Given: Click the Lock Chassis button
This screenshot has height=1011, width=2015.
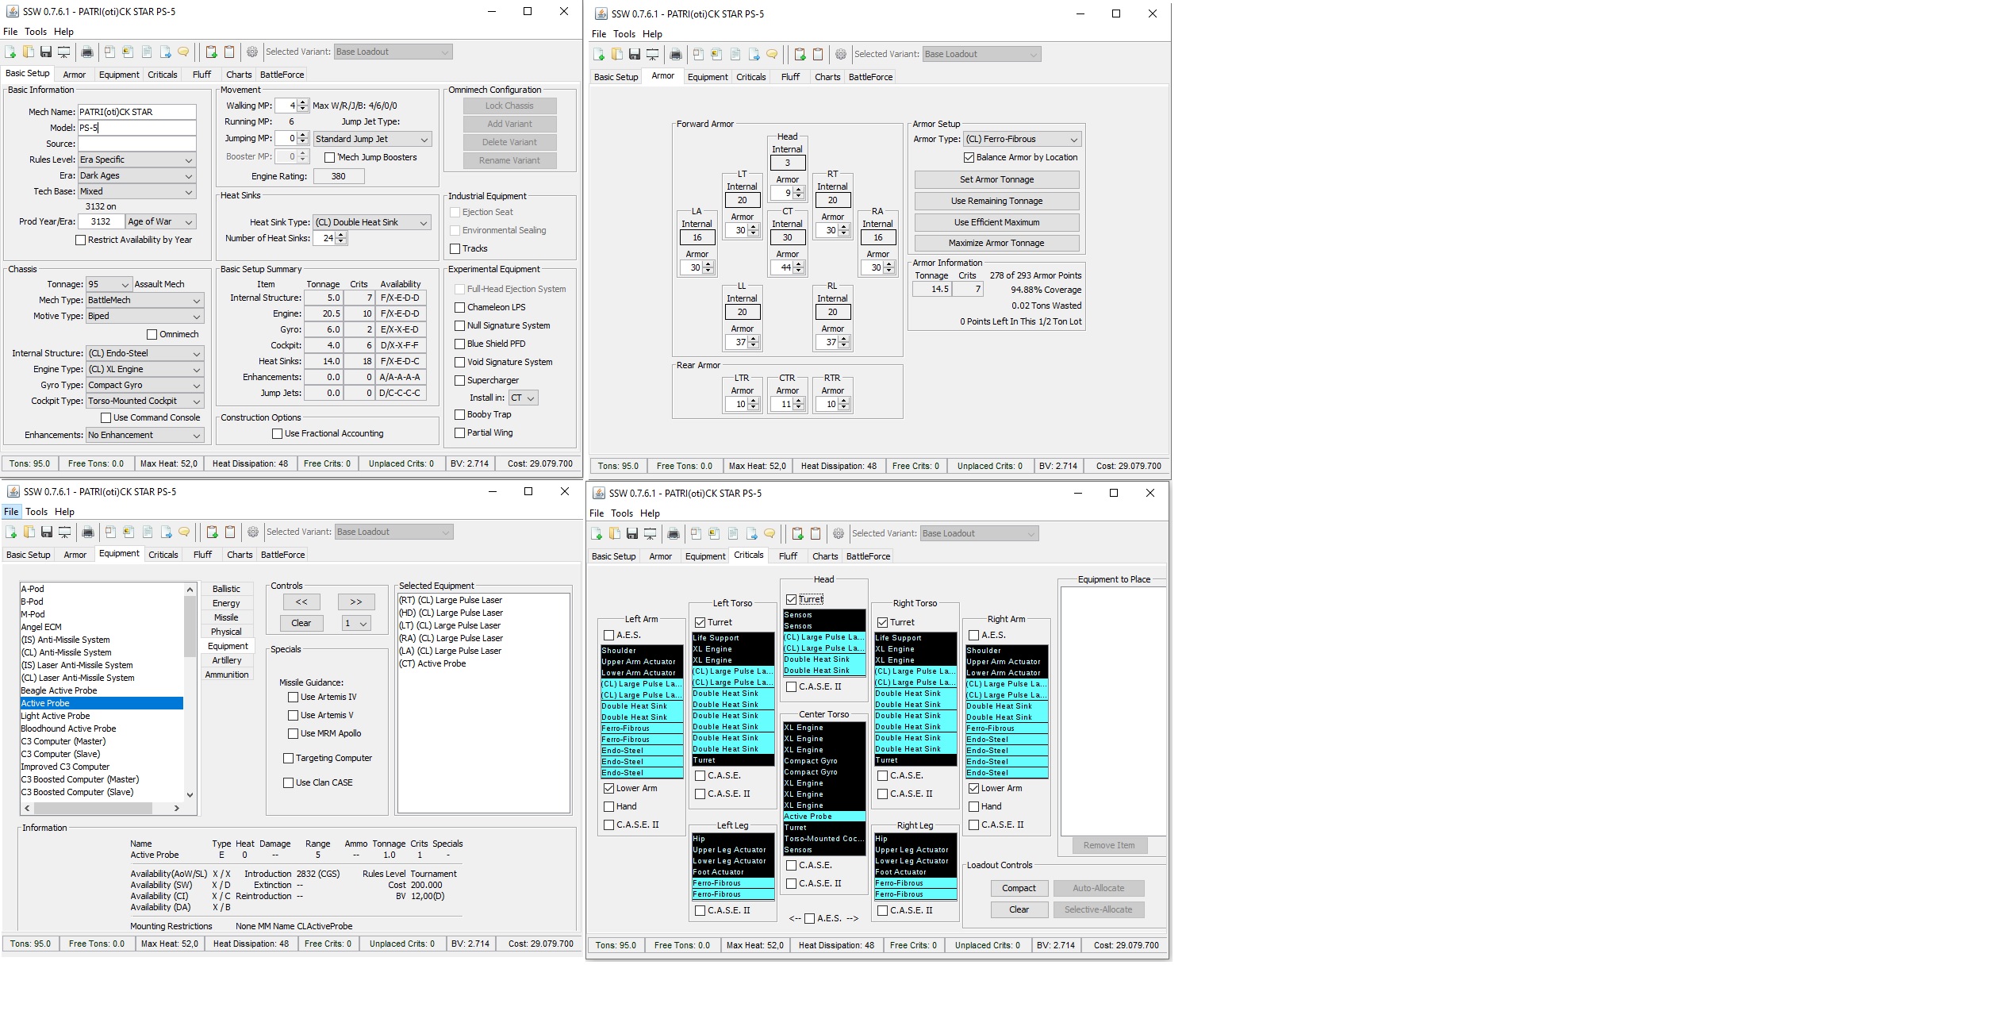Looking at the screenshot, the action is point(509,106).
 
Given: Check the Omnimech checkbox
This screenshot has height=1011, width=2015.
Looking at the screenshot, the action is point(152,335).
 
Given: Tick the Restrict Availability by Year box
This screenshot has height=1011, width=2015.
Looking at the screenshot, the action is point(81,240).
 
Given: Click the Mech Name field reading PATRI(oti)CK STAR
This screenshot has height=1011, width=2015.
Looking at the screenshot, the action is point(136,112).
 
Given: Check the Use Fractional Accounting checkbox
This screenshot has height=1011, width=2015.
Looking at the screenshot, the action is point(277,433).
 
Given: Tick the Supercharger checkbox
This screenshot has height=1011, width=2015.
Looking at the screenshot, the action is point(459,380).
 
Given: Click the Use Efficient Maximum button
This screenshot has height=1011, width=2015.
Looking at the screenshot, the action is point(996,222).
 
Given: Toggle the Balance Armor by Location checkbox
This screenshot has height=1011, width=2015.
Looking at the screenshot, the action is point(969,157).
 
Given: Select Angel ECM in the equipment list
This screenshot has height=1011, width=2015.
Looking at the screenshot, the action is point(41,627).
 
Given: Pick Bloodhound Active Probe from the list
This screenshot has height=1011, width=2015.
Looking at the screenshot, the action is point(68,728).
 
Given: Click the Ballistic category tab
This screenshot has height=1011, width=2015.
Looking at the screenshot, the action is point(226,589).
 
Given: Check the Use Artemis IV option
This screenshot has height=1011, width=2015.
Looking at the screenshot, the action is point(293,697).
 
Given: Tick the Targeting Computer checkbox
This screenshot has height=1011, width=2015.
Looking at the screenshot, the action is point(288,758).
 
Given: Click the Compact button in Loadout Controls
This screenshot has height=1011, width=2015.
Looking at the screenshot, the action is point(1019,888).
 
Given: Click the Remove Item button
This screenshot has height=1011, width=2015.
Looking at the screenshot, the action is point(1109,845).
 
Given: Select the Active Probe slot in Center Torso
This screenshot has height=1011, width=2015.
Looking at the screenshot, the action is point(823,817).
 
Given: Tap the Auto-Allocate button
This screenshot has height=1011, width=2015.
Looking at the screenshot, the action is point(1099,888).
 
